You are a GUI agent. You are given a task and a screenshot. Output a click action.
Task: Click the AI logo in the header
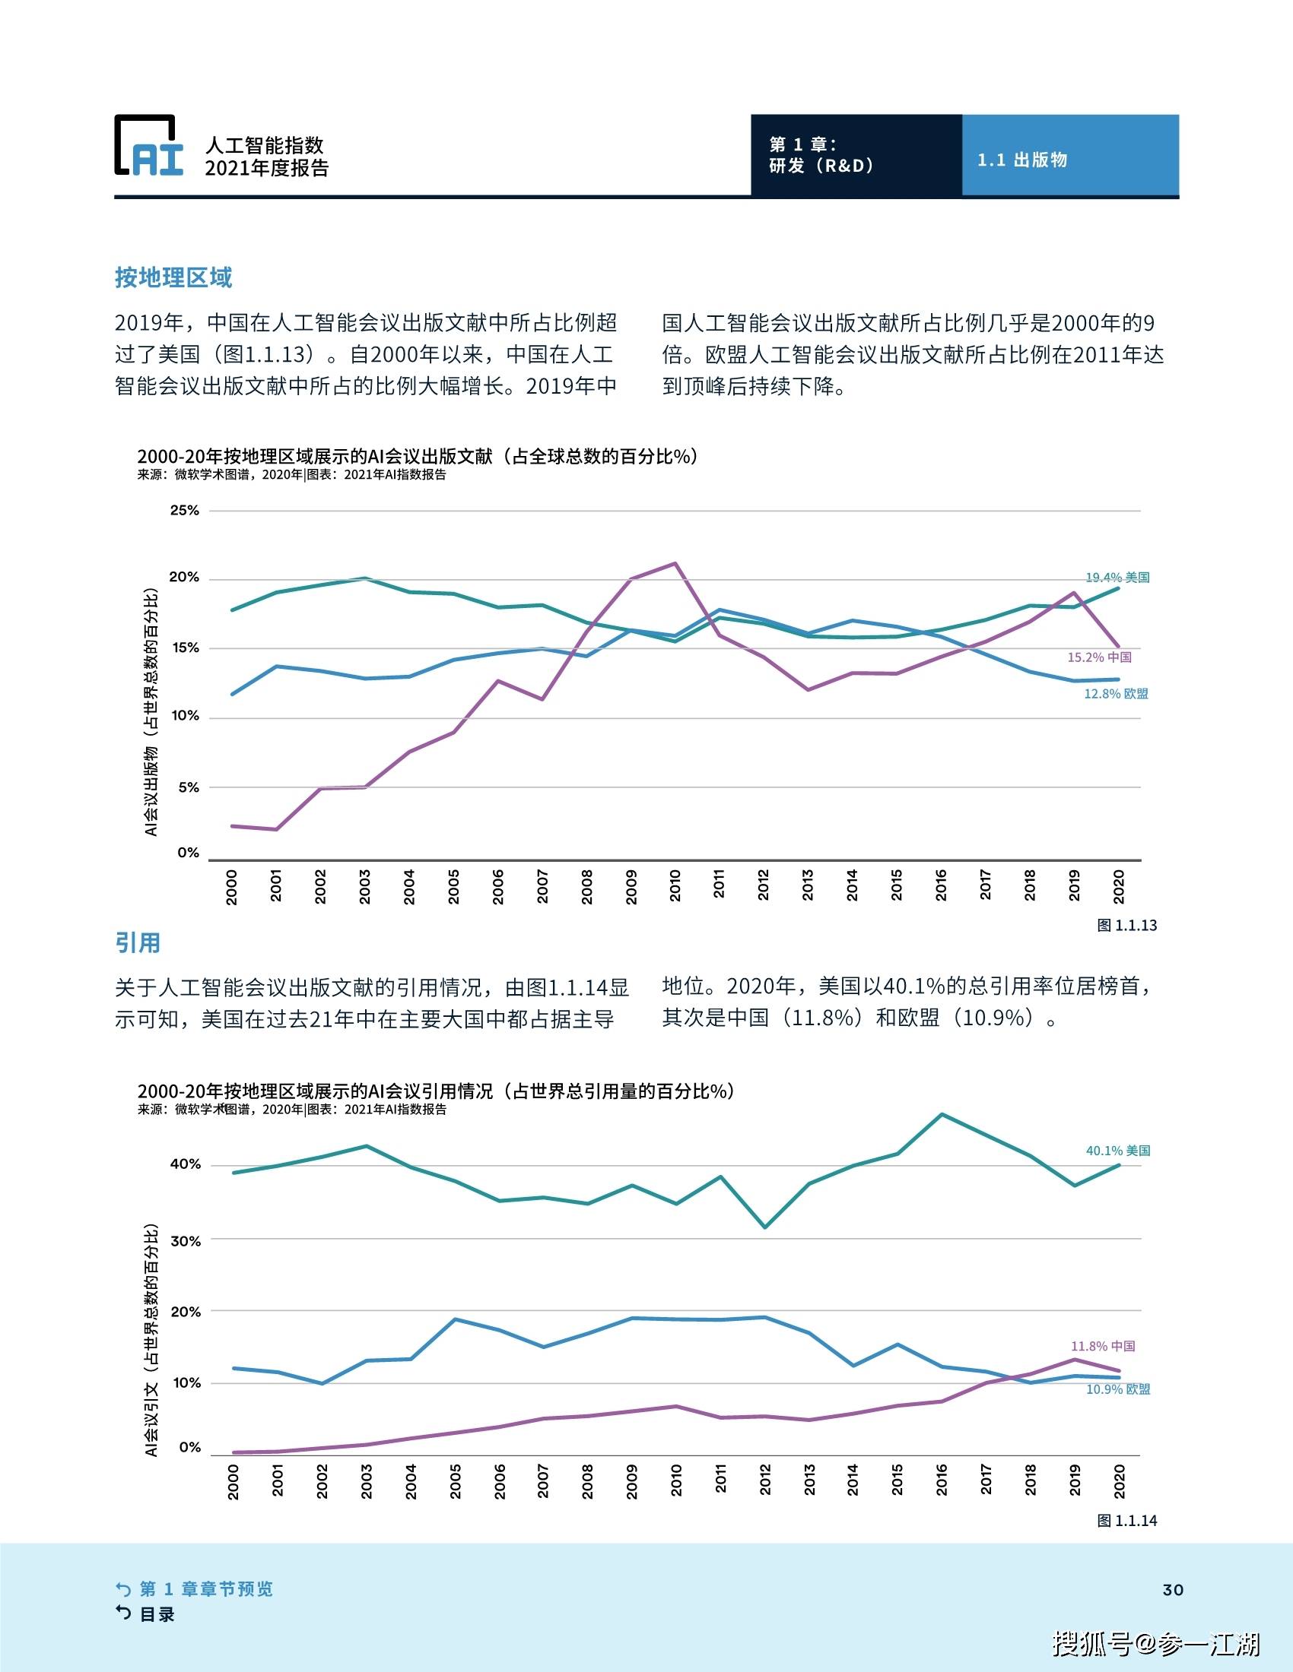point(149,145)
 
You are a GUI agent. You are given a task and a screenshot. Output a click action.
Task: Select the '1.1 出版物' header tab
point(1021,160)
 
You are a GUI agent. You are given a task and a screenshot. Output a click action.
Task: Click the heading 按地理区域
point(173,277)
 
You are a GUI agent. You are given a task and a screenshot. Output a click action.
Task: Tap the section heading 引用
point(138,942)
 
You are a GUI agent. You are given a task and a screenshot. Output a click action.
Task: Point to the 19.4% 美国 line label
point(1117,578)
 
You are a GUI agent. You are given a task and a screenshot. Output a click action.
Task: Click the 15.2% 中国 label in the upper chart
point(1098,657)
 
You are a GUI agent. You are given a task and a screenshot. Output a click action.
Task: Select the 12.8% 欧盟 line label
point(1115,694)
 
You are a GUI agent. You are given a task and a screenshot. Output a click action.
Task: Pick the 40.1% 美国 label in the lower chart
point(1117,1150)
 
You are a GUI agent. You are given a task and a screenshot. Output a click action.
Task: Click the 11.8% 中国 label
point(1102,1345)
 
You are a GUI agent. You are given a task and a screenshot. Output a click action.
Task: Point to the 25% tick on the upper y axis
point(185,510)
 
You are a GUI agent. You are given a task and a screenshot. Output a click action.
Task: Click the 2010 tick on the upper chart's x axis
point(675,885)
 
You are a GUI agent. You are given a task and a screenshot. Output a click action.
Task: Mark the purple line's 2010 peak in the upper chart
point(675,563)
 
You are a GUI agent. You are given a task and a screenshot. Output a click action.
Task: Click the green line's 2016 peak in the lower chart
point(942,1114)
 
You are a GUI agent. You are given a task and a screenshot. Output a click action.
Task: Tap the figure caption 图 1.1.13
point(1126,925)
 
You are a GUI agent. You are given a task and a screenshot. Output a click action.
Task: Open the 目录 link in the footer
point(156,1614)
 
